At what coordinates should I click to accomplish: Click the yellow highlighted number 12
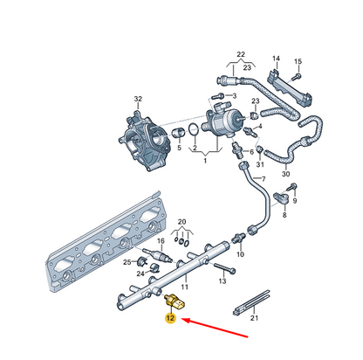(x=170, y=320)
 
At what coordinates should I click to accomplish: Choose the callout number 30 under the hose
(x=285, y=174)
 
